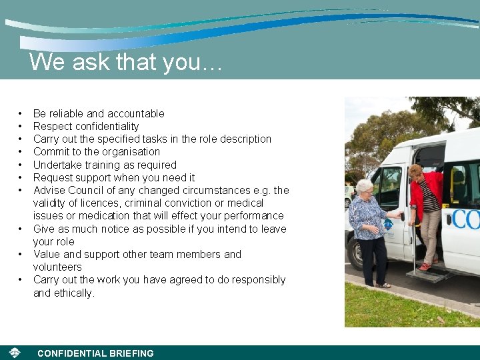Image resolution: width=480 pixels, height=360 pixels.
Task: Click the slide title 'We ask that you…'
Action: point(125,62)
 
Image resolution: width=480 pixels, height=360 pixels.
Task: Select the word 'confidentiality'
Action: point(107,126)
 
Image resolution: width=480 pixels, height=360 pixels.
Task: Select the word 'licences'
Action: point(102,203)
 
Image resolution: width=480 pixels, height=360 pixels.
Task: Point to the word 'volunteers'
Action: point(57,267)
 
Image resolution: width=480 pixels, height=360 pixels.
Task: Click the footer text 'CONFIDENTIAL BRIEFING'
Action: point(95,353)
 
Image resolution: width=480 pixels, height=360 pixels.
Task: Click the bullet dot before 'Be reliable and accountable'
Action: point(21,113)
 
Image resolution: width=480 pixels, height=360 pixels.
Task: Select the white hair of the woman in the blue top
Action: point(364,185)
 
